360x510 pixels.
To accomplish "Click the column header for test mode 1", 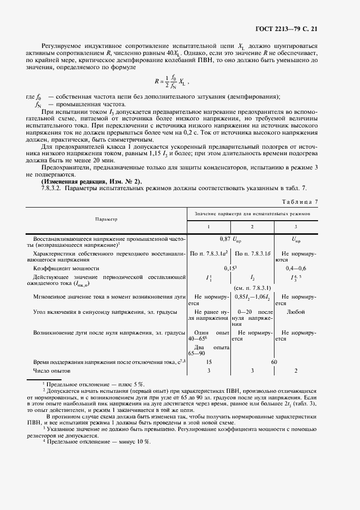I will [x=209, y=226].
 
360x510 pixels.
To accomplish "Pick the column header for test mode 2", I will [x=252, y=226].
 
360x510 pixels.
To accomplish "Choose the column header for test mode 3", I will [x=295, y=226].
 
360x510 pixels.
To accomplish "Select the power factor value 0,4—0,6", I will [x=296, y=268].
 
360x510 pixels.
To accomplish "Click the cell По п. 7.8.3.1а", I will [x=209, y=254].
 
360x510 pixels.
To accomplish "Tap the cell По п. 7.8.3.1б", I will [x=252, y=254].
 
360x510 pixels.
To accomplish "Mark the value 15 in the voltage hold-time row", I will [x=209, y=361].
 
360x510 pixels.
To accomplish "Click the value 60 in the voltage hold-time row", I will [x=274, y=361].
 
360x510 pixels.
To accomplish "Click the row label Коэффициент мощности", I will [x=66, y=268].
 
